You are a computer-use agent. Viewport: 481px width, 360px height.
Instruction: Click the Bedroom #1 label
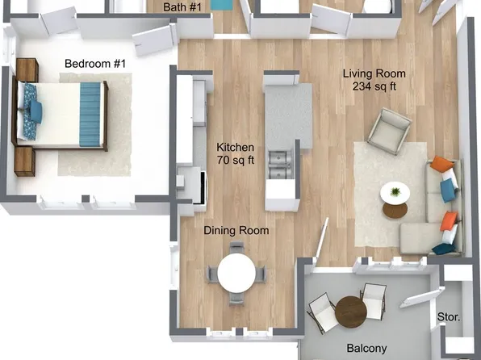click(x=96, y=64)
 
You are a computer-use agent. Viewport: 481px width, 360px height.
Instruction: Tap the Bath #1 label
click(x=182, y=6)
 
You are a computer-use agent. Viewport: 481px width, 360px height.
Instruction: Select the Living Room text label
click(x=374, y=73)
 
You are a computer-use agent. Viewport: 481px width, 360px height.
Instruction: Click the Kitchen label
click(x=236, y=148)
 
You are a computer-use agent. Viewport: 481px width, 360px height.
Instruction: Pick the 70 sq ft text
click(x=236, y=161)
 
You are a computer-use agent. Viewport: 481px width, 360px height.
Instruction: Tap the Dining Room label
click(x=236, y=231)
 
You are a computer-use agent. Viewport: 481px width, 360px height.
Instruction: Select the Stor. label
click(x=448, y=317)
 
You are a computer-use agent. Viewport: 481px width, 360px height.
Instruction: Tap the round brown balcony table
click(x=352, y=312)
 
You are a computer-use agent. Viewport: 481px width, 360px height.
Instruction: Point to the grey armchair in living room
click(x=390, y=131)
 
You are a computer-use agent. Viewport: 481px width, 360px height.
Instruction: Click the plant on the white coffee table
click(x=395, y=191)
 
